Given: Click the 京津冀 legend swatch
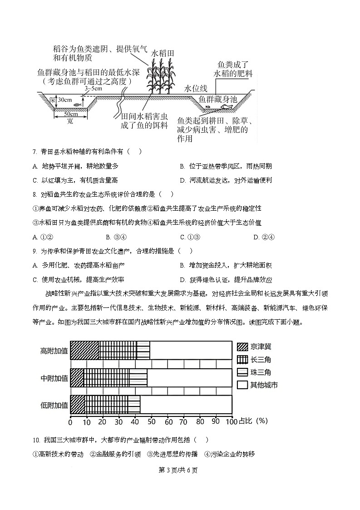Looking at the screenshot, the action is coord(242,347).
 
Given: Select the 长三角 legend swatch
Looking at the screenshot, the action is coord(242,360).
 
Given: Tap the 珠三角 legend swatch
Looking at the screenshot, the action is coord(242,372).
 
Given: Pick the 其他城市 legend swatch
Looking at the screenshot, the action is coord(242,385).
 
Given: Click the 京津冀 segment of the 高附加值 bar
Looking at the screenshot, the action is coord(84,350).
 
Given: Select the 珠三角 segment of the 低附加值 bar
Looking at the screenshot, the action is coord(134,404).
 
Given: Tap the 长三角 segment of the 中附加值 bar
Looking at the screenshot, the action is coord(107,377).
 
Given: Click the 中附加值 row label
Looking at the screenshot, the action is coord(54,378).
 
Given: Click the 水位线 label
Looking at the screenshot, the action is coord(196,89).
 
